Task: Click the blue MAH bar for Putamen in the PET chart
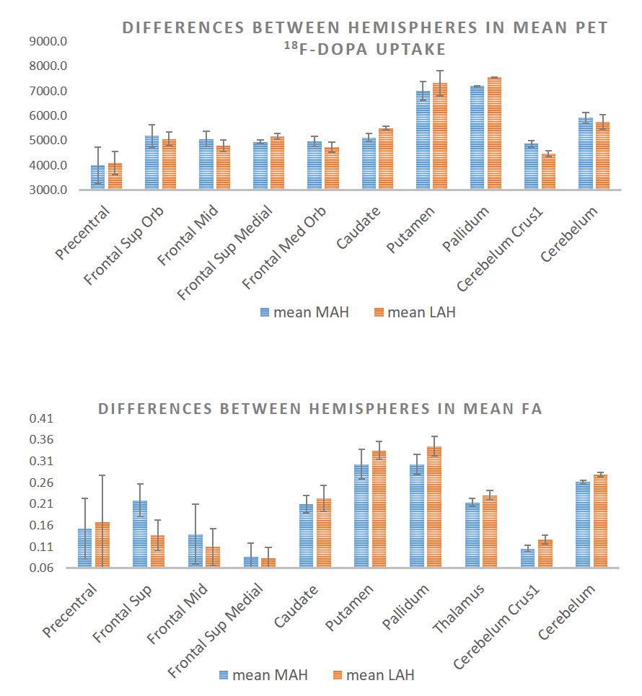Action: click(423, 141)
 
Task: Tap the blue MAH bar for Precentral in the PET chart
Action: click(97, 177)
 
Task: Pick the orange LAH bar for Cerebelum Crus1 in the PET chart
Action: click(548, 172)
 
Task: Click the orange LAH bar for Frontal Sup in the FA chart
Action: click(157, 551)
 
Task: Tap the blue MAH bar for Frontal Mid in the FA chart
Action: click(195, 551)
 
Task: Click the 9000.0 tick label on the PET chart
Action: click(48, 41)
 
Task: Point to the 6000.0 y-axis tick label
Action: click(48, 116)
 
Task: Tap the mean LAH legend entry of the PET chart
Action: click(415, 312)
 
